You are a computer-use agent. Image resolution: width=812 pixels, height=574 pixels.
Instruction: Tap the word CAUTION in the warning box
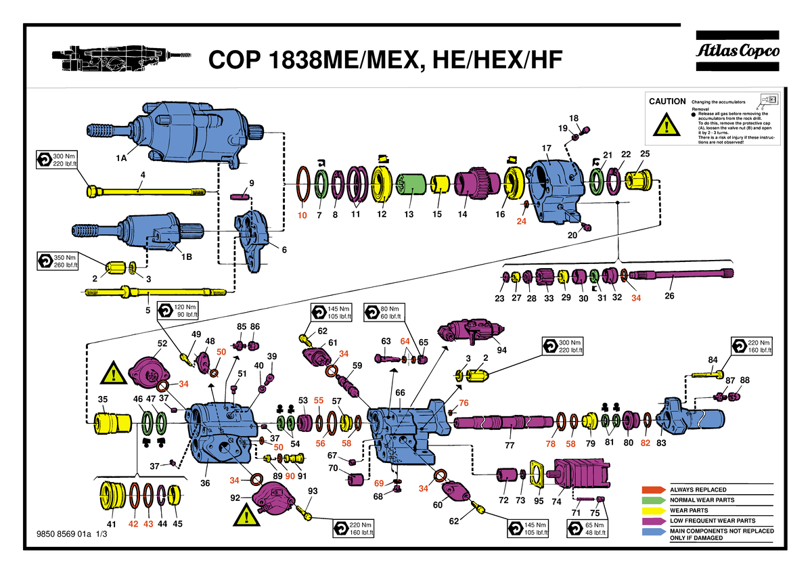(x=667, y=102)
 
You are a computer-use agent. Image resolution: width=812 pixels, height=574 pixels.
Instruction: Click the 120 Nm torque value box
(x=179, y=311)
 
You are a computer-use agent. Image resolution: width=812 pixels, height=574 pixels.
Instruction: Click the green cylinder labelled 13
(x=409, y=183)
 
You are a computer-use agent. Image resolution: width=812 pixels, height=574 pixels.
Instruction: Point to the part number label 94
(x=501, y=350)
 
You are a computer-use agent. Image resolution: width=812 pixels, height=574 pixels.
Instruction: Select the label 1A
(x=120, y=158)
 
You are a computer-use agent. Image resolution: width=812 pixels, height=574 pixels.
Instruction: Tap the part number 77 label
(x=510, y=445)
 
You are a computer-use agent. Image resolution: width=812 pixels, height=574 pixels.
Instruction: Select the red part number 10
(x=302, y=215)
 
